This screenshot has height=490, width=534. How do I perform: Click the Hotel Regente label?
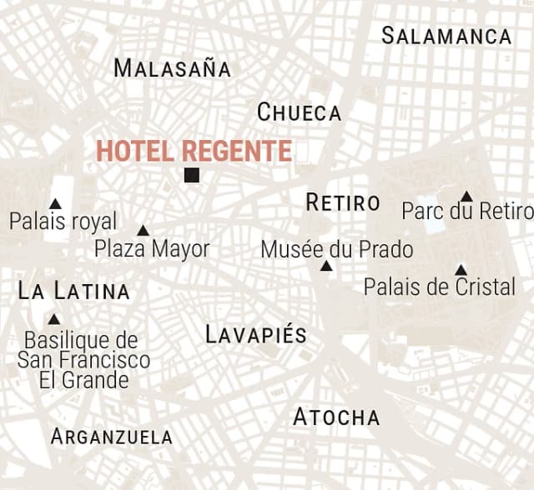pos(194,152)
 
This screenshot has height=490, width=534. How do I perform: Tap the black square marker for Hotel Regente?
pos(192,175)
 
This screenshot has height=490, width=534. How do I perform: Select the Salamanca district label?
pos(446,36)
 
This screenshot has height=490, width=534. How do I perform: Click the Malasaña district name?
pos(172,68)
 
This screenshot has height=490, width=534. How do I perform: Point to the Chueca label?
pos(299,112)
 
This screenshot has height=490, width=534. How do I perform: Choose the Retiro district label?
pos(343,202)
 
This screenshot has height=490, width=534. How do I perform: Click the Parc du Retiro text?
pos(466,212)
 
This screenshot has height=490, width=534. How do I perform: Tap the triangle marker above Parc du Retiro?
pos(466,197)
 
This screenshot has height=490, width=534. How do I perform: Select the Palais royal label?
pos(63,222)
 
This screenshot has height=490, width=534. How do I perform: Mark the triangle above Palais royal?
pos(55,203)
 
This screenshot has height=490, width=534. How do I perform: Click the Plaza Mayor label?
pos(152,248)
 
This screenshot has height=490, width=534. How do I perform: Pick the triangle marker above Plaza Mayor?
pos(143,231)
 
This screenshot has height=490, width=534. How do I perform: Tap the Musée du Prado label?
pos(336,249)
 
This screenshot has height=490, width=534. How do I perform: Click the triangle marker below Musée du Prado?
pos(326,266)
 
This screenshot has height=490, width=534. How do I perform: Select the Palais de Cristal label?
pos(439,287)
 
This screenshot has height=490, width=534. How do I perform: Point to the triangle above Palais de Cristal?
pos(461,270)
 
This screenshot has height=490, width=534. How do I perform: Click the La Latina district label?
pos(74,292)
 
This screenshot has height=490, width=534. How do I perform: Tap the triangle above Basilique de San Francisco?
pos(54,319)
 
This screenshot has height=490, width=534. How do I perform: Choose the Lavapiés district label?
pos(256,335)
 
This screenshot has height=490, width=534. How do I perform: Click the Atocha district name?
pos(336,417)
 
